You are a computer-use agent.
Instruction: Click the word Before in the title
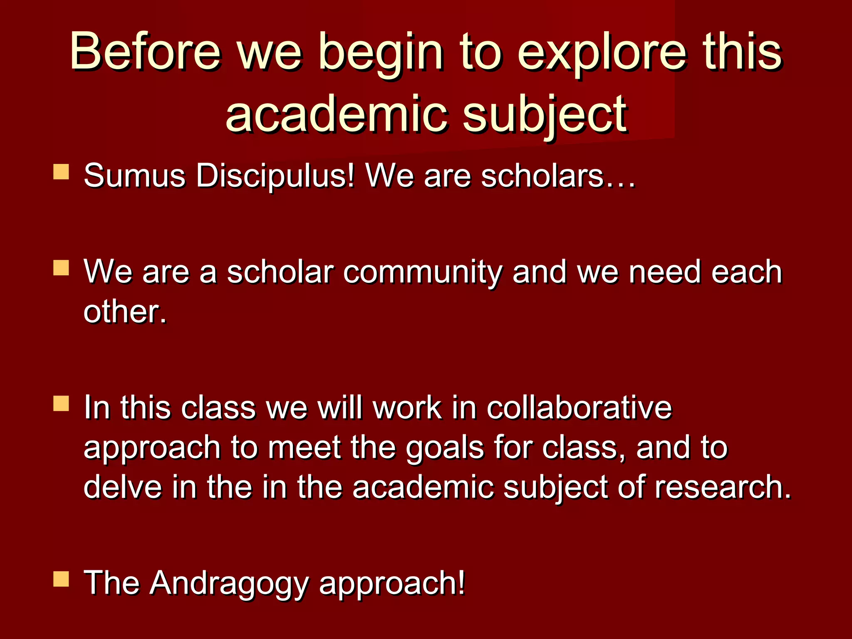[x=145, y=52]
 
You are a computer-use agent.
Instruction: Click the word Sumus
[x=134, y=176]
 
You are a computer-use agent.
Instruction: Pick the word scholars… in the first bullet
[x=558, y=176]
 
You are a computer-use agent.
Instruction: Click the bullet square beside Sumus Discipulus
[x=61, y=172]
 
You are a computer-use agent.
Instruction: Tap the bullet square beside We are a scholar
[x=61, y=268]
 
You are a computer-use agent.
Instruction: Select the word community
[x=423, y=272]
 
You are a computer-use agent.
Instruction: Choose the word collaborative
[x=579, y=407]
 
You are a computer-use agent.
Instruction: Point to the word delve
[x=123, y=487]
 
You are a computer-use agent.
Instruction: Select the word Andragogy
[x=229, y=584]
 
